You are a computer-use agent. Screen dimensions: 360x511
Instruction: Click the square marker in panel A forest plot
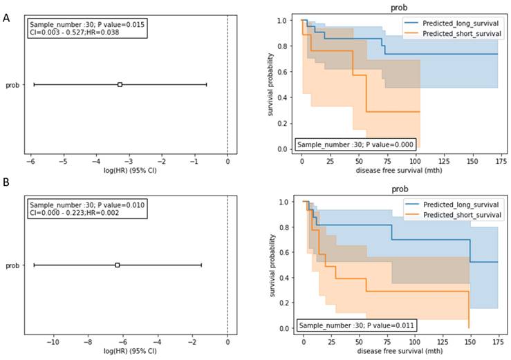120,84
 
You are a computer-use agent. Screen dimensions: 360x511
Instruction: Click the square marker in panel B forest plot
118,265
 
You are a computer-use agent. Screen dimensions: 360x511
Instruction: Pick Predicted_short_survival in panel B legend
458,215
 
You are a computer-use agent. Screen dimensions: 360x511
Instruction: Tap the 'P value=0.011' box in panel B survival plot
357,324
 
